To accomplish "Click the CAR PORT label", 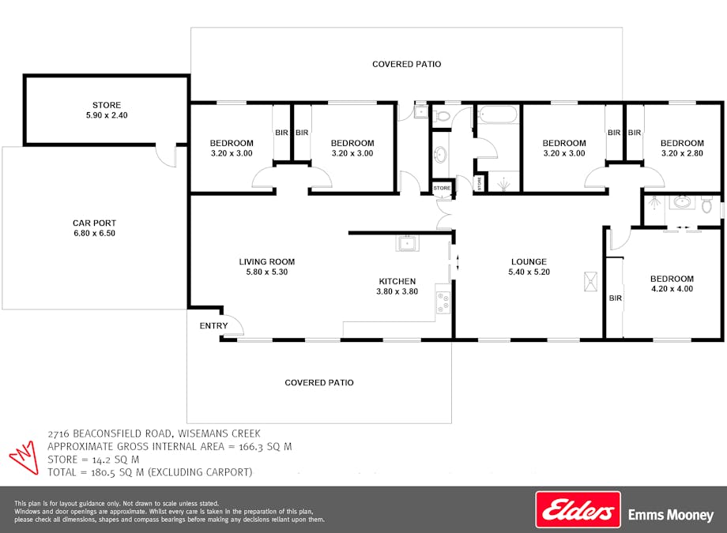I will pyautogui.click(x=94, y=223).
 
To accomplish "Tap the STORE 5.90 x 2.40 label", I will pyautogui.click(x=107, y=110).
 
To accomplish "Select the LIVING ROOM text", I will pyautogui.click(x=267, y=262).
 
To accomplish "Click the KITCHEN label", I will pyautogui.click(x=397, y=281).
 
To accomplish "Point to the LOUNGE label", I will pyautogui.click(x=529, y=262).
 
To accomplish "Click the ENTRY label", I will pyautogui.click(x=213, y=326).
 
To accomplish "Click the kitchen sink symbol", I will pyautogui.click(x=408, y=242).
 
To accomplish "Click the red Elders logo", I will pyautogui.click(x=578, y=509).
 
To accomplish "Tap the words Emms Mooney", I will pyautogui.click(x=670, y=515).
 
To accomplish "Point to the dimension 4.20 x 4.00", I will pyautogui.click(x=672, y=289).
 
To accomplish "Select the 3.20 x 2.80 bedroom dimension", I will pyautogui.click(x=682, y=153).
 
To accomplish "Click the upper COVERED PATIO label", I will pyautogui.click(x=406, y=64).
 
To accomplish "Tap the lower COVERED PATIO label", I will pyautogui.click(x=319, y=382).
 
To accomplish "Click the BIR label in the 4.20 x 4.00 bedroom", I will pyautogui.click(x=616, y=298).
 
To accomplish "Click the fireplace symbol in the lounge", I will pyautogui.click(x=590, y=281).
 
